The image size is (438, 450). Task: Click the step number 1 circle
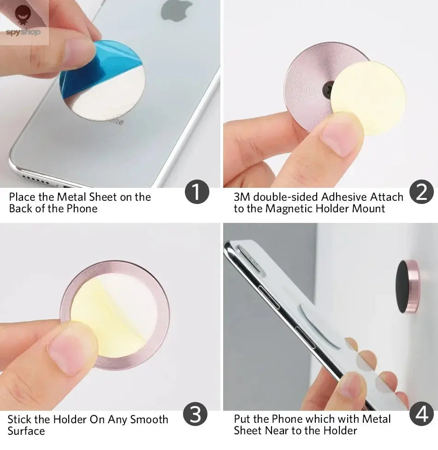pos(197,192)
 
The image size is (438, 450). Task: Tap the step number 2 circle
pos(421,192)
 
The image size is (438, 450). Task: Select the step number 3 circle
pos(195,415)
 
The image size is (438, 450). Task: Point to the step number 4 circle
pos(421,415)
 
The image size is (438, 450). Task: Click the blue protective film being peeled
pos(88,69)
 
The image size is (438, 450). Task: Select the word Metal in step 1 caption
pos(71,197)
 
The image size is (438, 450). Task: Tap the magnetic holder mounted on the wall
pos(408,286)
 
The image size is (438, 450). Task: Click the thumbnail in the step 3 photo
pos(69,353)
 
